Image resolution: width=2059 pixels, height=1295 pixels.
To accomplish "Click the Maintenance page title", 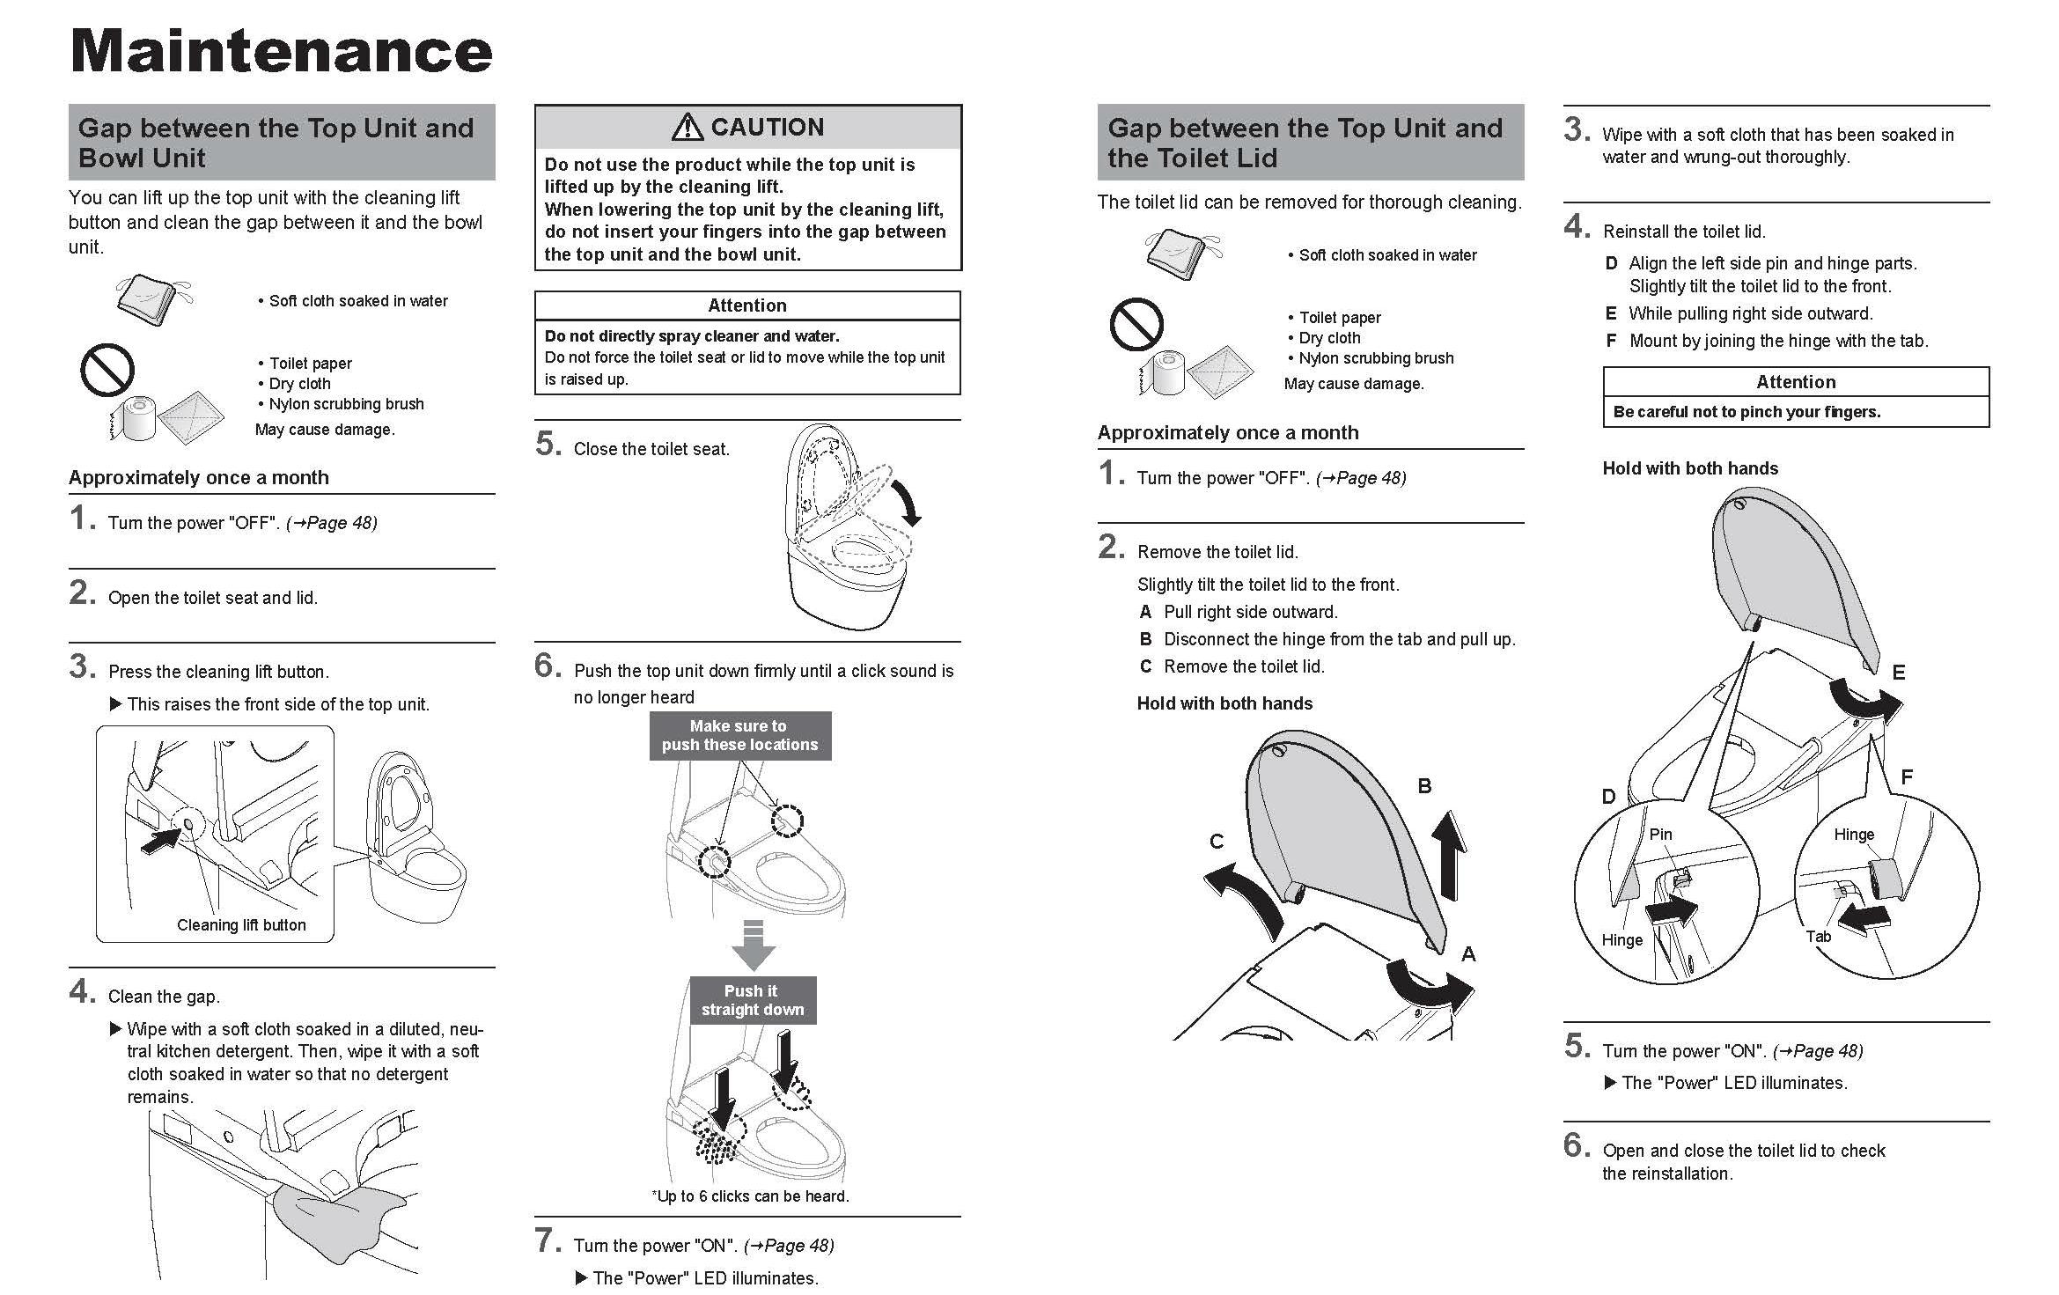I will (281, 51).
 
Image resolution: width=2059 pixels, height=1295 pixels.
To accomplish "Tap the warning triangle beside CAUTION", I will (687, 128).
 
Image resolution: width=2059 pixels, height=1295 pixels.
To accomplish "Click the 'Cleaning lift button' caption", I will (241, 924).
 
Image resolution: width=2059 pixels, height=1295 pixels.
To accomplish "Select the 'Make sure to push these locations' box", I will (739, 735).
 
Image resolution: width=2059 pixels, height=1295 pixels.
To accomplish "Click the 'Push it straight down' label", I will (753, 1000).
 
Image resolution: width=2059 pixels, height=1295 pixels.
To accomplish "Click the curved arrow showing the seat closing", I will (908, 503).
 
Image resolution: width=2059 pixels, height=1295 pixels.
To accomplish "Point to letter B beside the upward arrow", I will (1424, 786).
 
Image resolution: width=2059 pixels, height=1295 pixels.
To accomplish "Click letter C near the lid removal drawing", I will (1217, 842).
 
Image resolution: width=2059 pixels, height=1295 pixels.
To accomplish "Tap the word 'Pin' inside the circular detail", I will (1660, 834).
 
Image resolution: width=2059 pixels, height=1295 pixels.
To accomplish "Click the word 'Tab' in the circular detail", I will (1818, 937).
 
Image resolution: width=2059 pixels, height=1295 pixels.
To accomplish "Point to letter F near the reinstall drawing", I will (1907, 776).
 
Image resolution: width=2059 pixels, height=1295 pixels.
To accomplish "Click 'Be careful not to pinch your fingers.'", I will (1746, 412).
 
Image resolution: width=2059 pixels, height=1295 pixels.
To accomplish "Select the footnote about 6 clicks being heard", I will (750, 1196).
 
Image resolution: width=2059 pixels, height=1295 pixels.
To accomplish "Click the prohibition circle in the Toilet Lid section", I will (1136, 324).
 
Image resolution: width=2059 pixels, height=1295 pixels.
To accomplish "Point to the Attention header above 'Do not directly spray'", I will (747, 305).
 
